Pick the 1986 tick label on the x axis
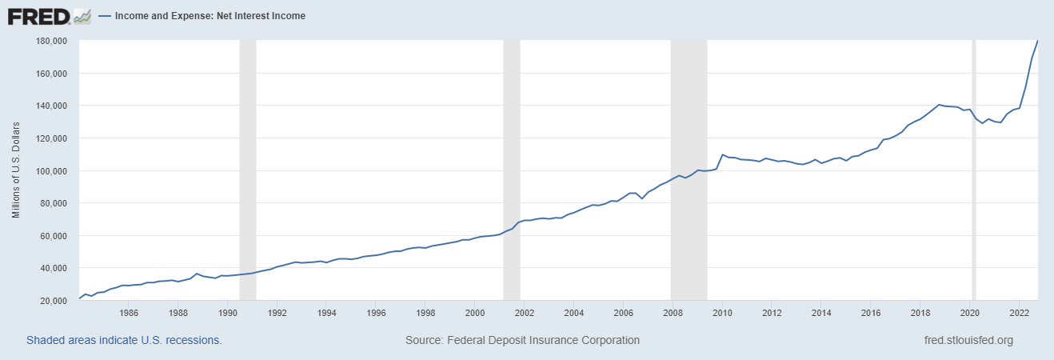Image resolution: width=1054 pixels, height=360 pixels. click(130, 313)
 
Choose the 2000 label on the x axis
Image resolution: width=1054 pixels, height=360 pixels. click(475, 313)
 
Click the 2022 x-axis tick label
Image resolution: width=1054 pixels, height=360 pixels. click(1019, 313)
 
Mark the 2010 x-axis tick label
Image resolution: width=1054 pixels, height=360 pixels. click(722, 313)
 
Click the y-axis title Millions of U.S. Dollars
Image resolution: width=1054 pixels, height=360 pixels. click(16, 170)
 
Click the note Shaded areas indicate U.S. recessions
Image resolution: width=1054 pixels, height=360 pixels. click(124, 340)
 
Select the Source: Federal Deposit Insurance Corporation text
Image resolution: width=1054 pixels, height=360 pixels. click(522, 340)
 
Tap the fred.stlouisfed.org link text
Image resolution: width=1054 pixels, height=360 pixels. click(968, 340)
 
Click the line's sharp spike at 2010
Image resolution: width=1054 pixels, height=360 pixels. click(722, 154)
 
